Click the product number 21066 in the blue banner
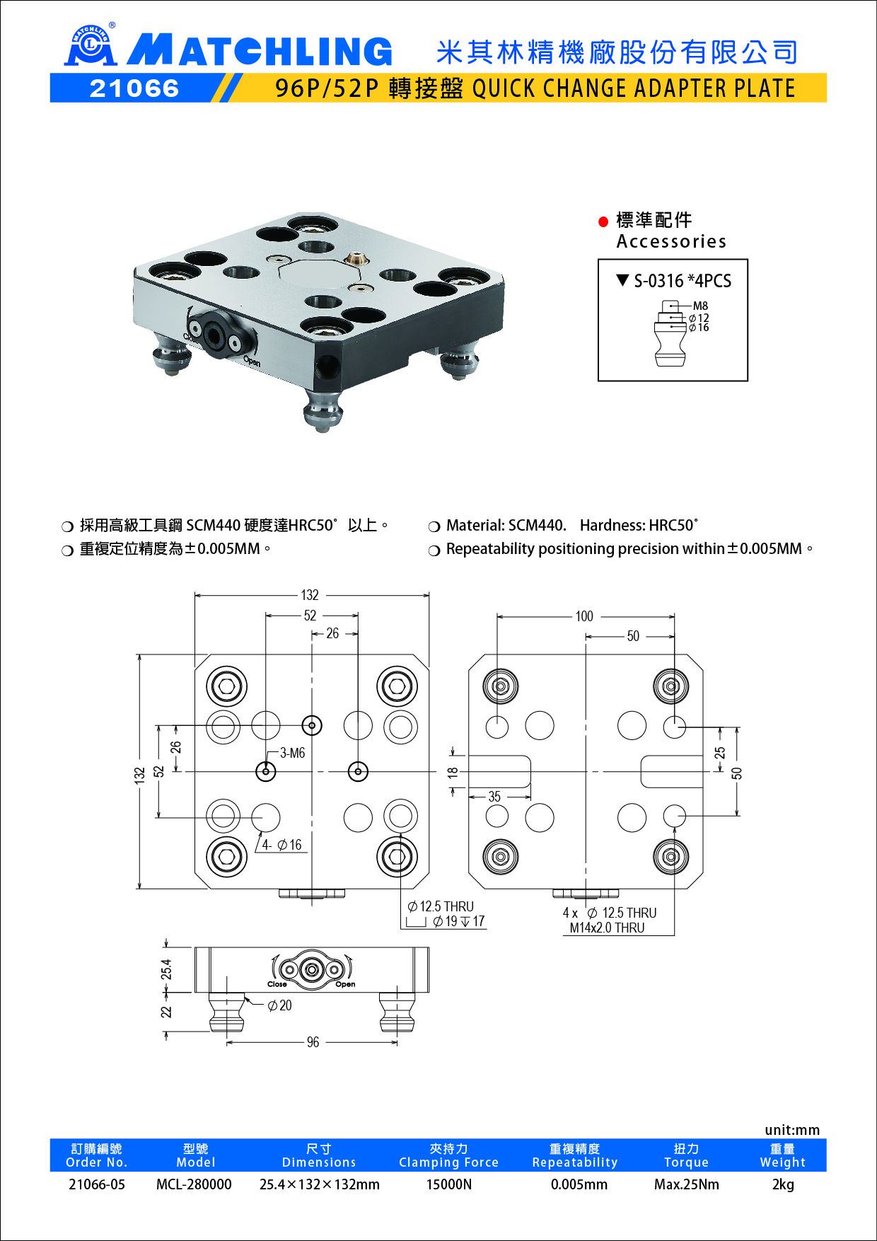tap(134, 88)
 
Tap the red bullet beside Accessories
tap(603, 221)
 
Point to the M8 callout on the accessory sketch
tap(700, 306)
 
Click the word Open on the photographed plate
tap(252, 362)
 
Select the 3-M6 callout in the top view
tap(292, 753)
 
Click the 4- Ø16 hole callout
tap(281, 845)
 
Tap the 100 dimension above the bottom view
tap(584, 616)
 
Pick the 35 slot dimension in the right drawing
tap(494, 797)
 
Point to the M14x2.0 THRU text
tap(607, 928)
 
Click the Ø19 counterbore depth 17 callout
tap(458, 921)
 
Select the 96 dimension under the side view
tap(313, 1042)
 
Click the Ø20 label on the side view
tap(280, 1005)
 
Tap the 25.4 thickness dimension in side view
tap(166, 969)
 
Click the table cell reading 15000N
tap(448, 1184)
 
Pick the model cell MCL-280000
tap(194, 1184)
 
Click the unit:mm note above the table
tap(791, 1130)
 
